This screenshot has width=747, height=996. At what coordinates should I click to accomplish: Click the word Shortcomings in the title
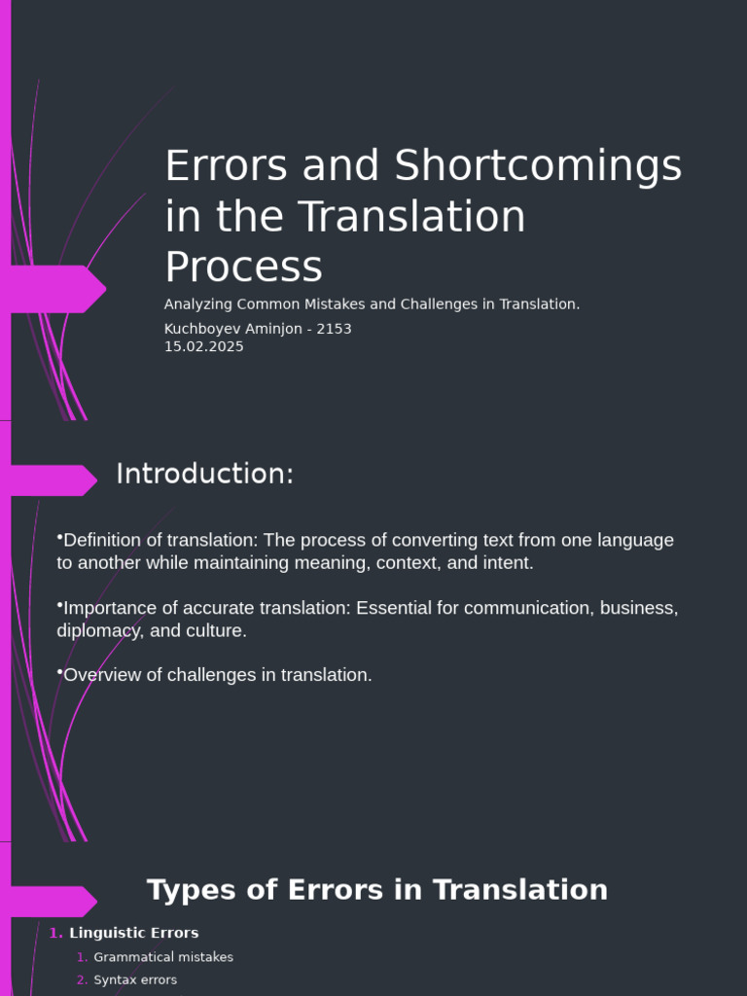pos(538,166)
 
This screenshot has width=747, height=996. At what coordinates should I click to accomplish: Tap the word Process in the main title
pos(243,267)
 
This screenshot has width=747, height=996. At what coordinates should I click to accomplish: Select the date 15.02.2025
pos(204,347)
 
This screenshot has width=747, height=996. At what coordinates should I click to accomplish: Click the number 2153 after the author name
pos(333,329)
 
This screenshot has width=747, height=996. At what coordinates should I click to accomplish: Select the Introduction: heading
pos(204,475)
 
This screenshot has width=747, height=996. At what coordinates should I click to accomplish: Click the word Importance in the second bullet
pos(107,608)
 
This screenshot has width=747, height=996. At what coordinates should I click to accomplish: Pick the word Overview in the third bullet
pos(100,675)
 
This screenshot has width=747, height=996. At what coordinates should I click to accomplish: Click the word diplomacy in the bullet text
pos(98,630)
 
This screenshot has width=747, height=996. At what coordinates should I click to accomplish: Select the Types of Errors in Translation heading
pos(377,890)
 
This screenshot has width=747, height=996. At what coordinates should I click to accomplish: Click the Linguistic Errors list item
pos(133,933)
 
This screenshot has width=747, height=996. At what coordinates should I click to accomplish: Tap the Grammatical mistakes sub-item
pos(163,957)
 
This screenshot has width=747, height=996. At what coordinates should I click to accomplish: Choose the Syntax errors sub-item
pos(135,980)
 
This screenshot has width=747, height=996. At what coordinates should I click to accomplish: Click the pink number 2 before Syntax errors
pos(82,980)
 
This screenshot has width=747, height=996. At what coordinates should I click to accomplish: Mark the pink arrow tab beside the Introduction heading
pos(53,480)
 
